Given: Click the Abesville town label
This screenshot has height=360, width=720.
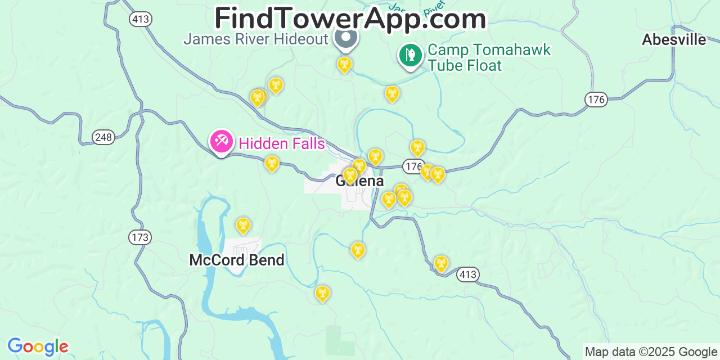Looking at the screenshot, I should click(674, 40).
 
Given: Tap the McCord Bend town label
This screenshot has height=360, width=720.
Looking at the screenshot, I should click(236, 260).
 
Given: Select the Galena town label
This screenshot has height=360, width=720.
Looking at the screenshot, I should click(360, 181).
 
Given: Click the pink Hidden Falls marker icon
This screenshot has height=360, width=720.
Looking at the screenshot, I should click(221, 141).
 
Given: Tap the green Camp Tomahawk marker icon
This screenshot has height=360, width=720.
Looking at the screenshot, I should click(411, 55).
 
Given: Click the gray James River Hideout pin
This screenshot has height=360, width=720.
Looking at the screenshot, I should click(346, 38).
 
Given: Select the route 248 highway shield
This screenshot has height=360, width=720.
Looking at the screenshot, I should click(103, 137).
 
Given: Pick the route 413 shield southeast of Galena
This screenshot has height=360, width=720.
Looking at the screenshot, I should click(467, 274).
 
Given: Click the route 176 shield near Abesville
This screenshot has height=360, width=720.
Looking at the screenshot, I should click(596, 100).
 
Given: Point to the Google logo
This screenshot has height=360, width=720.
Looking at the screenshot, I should click(38, 346).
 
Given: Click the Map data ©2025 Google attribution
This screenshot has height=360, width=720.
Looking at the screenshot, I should click(651, 352).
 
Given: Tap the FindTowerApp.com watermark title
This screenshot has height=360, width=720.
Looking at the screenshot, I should click(350, 19).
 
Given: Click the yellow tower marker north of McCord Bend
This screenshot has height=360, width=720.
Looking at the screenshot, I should click(243, 225).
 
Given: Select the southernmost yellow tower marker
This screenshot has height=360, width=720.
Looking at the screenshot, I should click(322, 292).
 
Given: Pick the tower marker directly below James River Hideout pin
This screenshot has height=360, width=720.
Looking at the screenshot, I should click(344, 64).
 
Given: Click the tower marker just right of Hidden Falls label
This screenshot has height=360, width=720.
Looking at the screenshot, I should click(272, 163).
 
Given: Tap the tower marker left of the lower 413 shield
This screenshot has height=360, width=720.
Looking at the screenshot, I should click(442, 263).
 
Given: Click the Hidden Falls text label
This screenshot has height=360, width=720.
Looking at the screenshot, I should click(281, 143).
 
